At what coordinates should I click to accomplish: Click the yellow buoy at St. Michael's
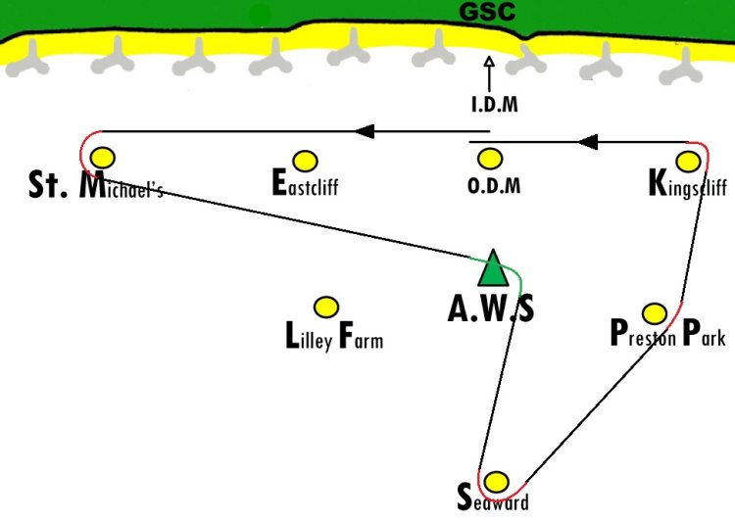[x=103, y=158]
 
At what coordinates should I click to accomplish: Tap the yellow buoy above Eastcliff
[x=305, y=162]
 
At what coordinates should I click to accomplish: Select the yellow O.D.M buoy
[x=490, y=159]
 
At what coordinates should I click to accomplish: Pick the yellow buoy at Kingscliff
[x=689, y=162]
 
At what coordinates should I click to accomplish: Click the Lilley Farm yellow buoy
[x=325, y=308]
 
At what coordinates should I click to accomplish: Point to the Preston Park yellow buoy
[x=655, y=313]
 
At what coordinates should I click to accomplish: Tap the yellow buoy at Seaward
[x=496, y=482]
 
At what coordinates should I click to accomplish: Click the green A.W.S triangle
[x=493, y=268]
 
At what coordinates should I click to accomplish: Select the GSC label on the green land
[x=487, y=12]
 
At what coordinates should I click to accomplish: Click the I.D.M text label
[x=495, y=104]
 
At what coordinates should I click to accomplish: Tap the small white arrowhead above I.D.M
[x=489, y=62]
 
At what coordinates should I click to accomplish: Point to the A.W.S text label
[x=491, y=309]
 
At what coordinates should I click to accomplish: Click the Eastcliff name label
[x=305, y=183]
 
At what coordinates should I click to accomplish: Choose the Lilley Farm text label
[x=334, y=336]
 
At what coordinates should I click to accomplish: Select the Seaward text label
[x=493, y=498]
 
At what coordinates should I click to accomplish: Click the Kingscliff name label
[x=688, y=184]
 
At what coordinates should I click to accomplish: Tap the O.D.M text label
[x=494, y=186]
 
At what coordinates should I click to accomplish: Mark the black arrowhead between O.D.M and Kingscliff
[x=588, y=141]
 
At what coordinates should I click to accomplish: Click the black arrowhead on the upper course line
[x=365, y=131]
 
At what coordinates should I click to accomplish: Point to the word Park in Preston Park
[x=704, y=333]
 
